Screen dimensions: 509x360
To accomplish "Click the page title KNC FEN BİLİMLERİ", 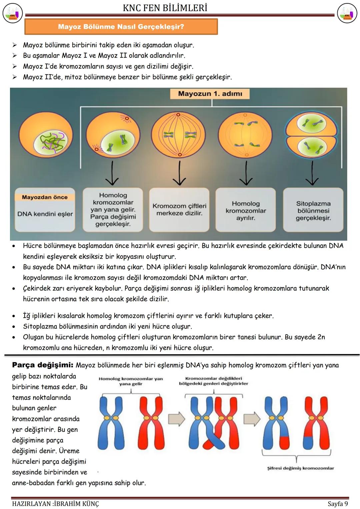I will [x=165, y=8].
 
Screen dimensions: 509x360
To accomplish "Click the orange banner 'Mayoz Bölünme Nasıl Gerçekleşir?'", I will [x=121, y=27].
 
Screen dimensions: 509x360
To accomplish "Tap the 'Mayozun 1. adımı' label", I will [x=210, y=94].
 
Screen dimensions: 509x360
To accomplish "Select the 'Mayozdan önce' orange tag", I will [x=45, y=197].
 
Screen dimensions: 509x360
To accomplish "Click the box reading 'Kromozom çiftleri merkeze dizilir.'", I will [x=179, y=210].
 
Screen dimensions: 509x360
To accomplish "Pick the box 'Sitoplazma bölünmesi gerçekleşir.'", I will [x=313, y=210].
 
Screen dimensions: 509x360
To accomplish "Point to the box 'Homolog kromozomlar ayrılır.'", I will [x=246, y=210].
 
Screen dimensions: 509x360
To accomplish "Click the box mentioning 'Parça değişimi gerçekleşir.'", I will [x=113, y=210].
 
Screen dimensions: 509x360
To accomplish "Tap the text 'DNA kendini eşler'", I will [x=45, y=214].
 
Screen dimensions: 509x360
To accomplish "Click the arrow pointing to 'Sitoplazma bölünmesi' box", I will [x=312, y=173].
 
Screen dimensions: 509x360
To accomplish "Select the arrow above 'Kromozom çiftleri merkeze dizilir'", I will [x=180, y=173].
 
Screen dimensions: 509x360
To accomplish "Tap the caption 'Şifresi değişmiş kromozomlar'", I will [x=300, y=468].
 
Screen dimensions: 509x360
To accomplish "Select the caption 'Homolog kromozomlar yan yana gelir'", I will [x=131, y=381].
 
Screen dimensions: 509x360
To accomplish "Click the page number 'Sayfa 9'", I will [x=338, y=503].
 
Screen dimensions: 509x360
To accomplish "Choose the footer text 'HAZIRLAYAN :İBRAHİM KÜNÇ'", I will [x=55, y=504].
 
